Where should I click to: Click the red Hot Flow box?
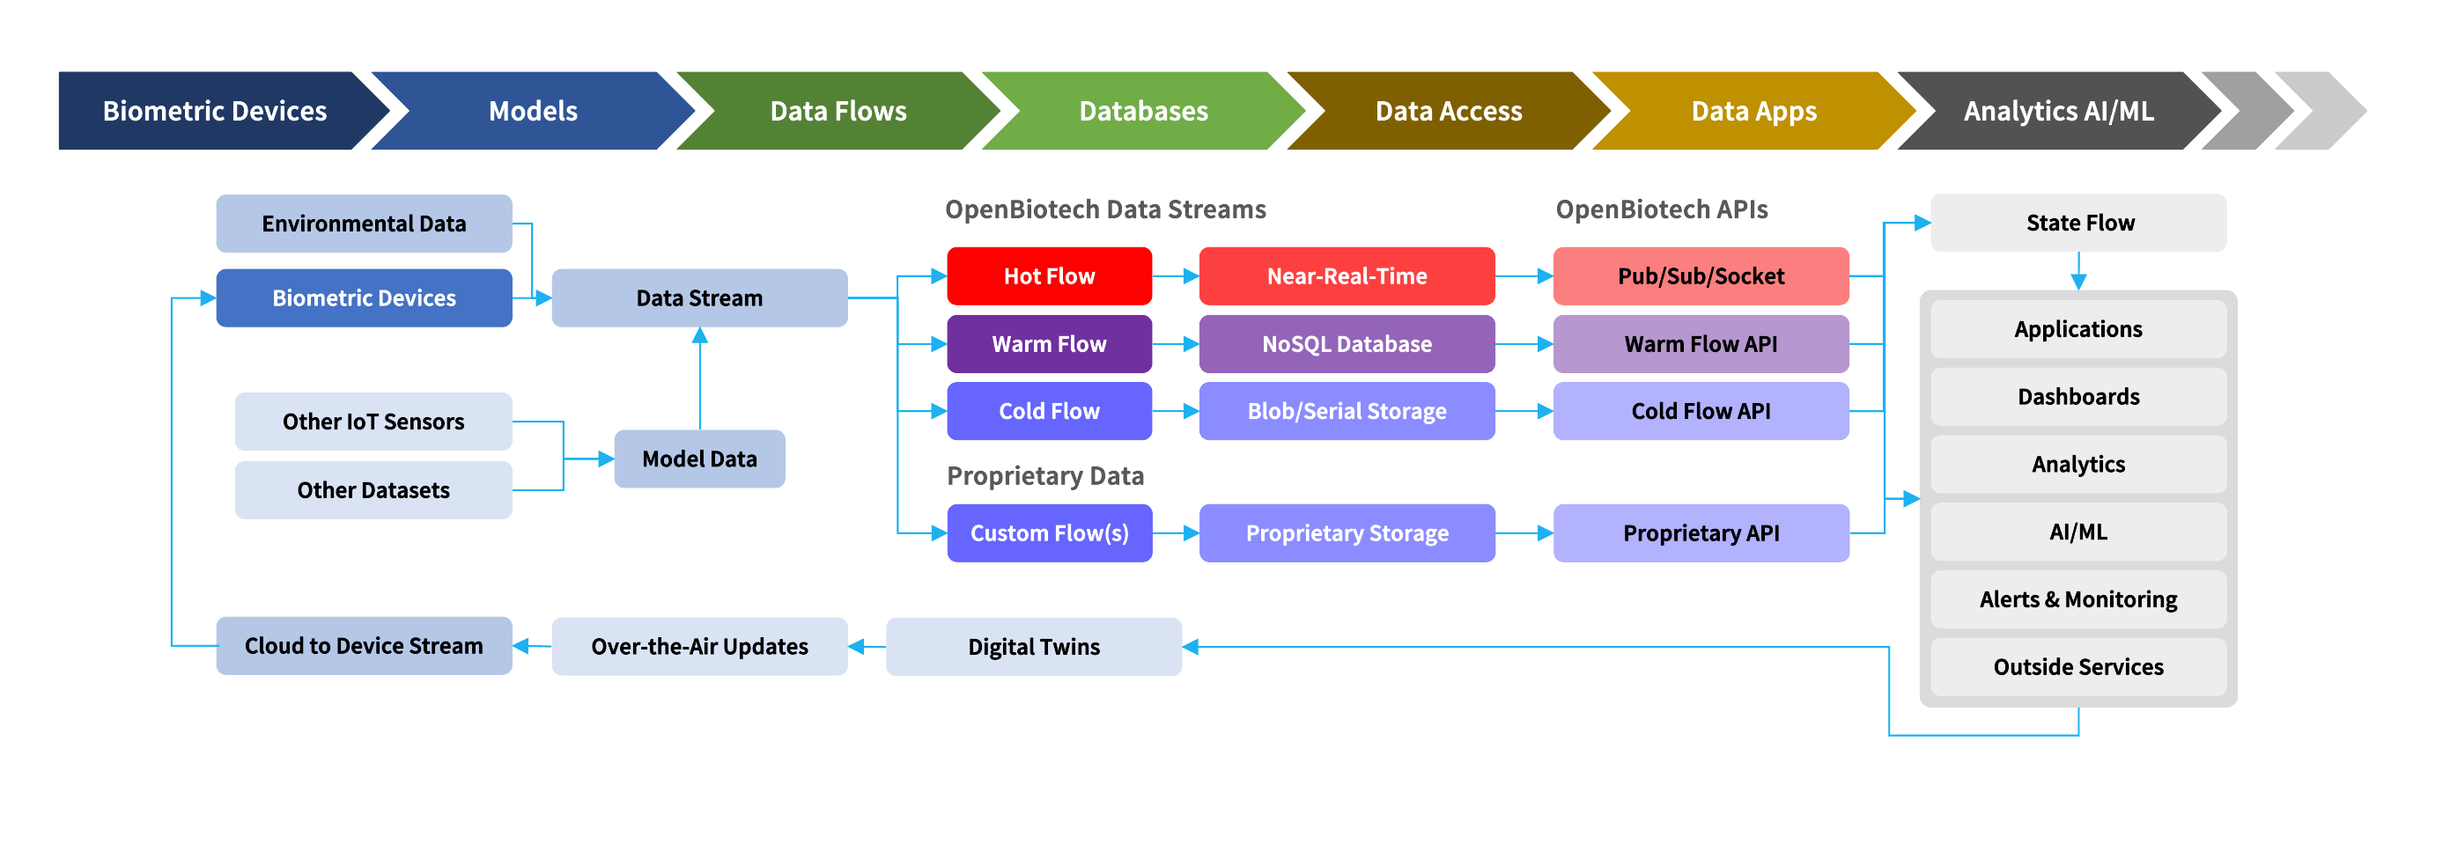point(1049,275)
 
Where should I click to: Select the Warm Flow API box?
point(1701,344)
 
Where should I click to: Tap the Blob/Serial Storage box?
point(1347,411)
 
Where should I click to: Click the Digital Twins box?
point(1034,646)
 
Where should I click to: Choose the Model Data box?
point(700,459)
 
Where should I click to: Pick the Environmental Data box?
point(365,224)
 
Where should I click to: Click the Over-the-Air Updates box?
point(700,646)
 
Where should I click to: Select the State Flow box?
point(2079,223)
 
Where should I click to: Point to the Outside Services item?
point(2079,667)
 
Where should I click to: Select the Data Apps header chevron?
point(1753,111)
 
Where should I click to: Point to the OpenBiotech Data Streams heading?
point(1105,209)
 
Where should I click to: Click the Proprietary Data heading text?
point(1045,475)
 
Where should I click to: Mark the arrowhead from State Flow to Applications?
point(2079,283)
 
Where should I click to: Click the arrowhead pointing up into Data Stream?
point(700,334)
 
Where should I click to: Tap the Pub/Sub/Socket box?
point(1701,275)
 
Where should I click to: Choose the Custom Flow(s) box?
point(1049,533)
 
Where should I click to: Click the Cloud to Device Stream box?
point(365,646)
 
